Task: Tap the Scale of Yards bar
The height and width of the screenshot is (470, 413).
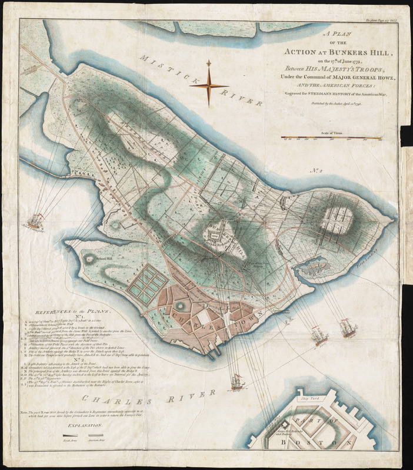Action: click(331, 139)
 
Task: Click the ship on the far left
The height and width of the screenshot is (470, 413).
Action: click(36, 222)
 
